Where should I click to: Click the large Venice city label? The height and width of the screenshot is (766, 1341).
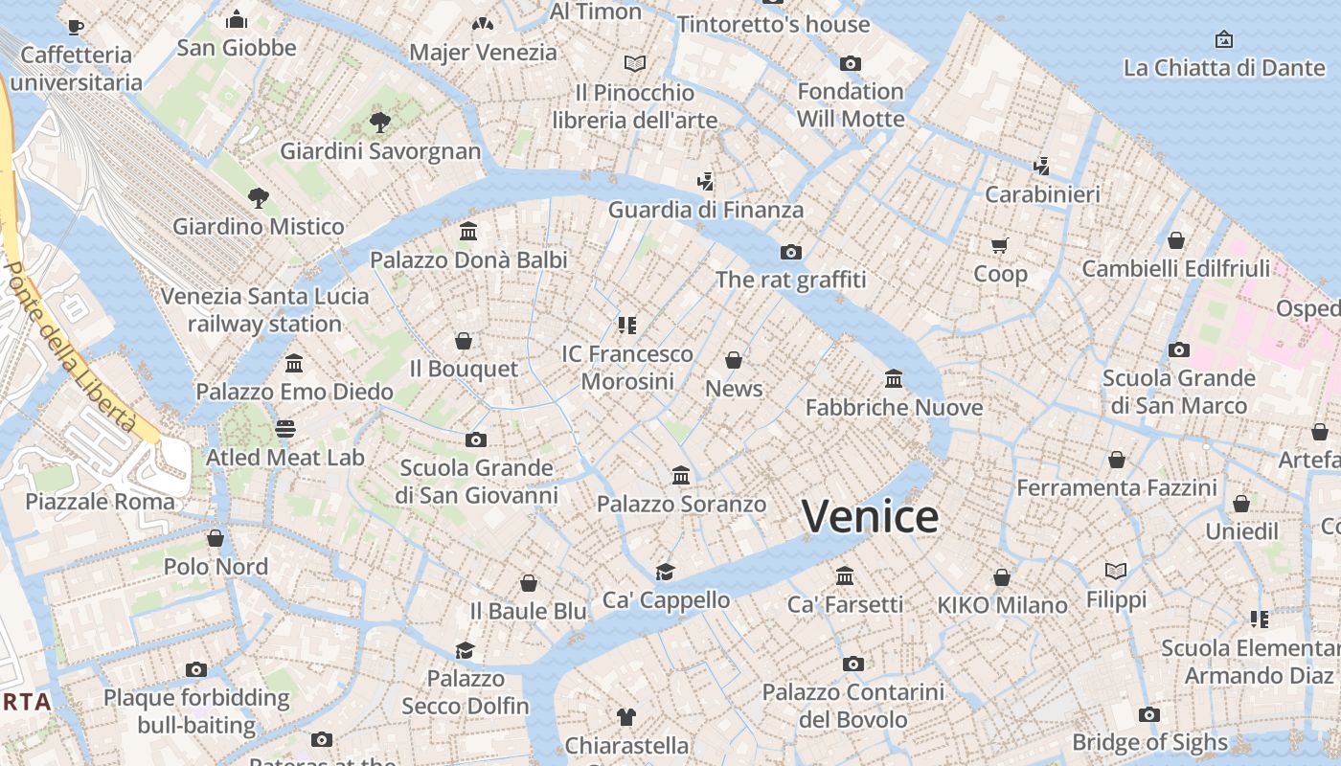pyautogui.click(x=870, y=517)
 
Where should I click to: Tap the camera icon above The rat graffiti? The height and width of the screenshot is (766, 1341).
pyautogui.click(x=790, y=253)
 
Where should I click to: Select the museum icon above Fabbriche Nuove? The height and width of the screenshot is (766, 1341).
pyautogui.click(x=894, y=379)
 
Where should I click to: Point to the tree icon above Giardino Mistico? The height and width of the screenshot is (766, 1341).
pyautogui.click(x=258, y=198)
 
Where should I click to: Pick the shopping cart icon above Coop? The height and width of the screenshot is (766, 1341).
pyautogui.click(x=1000, y=246)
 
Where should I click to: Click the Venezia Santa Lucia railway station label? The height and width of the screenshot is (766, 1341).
pyautogui.click(x=264, y=309)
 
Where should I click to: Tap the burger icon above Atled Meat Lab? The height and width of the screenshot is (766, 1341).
pyautogui.click(x=285, y=428)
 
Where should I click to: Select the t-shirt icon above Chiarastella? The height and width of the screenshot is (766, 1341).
pyautogui.click(x=626, y=716)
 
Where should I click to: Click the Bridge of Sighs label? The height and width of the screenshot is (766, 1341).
pyautogui.click(x=1149, y=742)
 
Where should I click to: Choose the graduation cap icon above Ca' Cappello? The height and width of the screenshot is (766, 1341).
pyautogui.click(x=665, y=573)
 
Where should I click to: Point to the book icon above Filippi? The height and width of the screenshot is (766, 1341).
pyautogui.click(x=1116, y=572)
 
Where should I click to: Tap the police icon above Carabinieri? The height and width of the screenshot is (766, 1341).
pyautogui.click(x=1042, y=167)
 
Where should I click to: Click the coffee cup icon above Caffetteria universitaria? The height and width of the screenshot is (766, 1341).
pyautogui.click(x=76, y=27)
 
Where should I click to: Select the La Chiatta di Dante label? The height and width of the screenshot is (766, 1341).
pyautogui.click(x=1223, y=68)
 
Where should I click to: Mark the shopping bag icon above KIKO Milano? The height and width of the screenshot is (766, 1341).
pyautogui.click(x=1001, y=577)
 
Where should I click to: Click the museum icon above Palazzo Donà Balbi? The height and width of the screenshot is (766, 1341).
pyautogui.click(x=468, y=232)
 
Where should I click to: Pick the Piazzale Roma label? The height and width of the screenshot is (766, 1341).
pyautogui.click(x=101, y=502)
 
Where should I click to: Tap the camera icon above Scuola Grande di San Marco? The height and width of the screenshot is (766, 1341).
pyautogui.click(x=1179, y=350)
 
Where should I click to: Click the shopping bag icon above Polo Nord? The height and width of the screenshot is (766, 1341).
pyautogui.click(x=216, y=539)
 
